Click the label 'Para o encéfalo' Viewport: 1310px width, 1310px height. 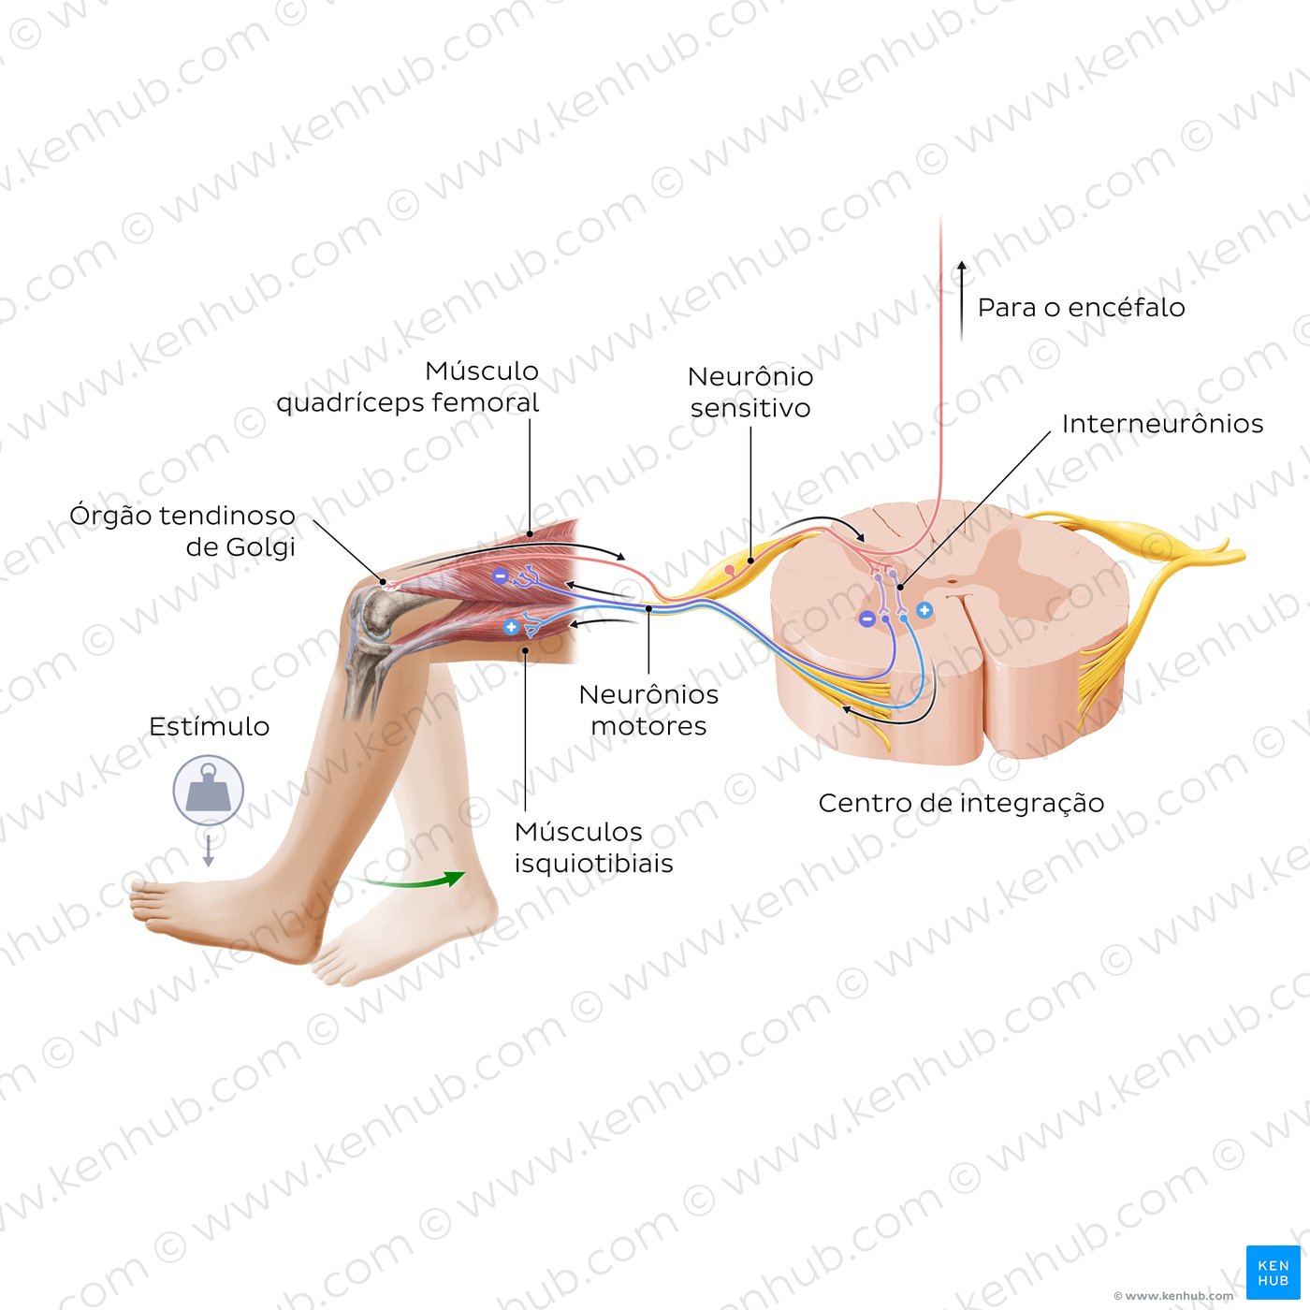[x=1081, y=307]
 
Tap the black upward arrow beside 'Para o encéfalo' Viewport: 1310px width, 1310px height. [x=961, y=299]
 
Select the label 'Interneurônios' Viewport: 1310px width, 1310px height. [x=1162, y=424]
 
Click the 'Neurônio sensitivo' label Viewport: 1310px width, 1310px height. [x=750, y=391]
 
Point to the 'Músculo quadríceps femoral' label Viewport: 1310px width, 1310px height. [x=407, y=386]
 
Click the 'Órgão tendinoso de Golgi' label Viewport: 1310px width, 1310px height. [x=182, y=531]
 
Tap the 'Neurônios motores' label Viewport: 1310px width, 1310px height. [x=648, y=709]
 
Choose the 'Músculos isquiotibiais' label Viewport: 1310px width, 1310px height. [x=593, y=847]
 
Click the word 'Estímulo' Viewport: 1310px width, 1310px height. [x=209, y=727]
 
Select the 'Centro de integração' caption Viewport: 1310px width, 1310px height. [x=961, y=803]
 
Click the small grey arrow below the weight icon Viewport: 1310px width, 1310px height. [x=208, y=851]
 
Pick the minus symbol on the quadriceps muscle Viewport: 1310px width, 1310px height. [x=501, y=576]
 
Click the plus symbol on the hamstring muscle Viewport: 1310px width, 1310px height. [x=511, y=627]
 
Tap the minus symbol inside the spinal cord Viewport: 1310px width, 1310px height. [x=866, y=619]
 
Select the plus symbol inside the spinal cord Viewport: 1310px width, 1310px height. [x=924, y=610]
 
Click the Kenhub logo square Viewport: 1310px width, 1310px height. [x=1273, y=1273]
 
